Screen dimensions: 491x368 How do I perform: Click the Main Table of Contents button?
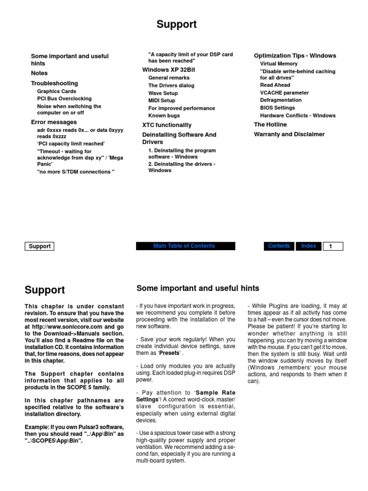coord(185,246)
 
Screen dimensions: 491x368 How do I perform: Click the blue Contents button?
coord(278,246)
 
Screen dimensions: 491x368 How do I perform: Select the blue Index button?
coord(309,246)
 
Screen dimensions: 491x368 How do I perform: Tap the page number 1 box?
coord(333,246)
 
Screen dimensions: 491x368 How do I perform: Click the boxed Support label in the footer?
coord(39,246)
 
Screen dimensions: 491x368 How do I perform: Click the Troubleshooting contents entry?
coord(54,83)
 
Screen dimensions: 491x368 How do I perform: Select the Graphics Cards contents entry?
coord(57,91)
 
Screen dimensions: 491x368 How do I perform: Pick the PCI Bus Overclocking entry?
coord(64,99)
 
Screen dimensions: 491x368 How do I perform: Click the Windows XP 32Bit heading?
coord(169,70)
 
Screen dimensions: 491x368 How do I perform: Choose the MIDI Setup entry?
coord(161,101)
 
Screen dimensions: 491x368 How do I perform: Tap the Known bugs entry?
coord(164,116)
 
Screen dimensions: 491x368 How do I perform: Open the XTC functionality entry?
coord(167,125)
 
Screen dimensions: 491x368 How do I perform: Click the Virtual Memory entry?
coord(279,64)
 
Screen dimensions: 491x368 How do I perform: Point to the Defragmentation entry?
coord(281,100)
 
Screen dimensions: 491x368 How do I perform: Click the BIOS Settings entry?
coord(277,108)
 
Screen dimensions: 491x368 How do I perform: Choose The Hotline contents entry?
coord(270,125)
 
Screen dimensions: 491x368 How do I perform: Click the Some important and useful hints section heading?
coord(197,288)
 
